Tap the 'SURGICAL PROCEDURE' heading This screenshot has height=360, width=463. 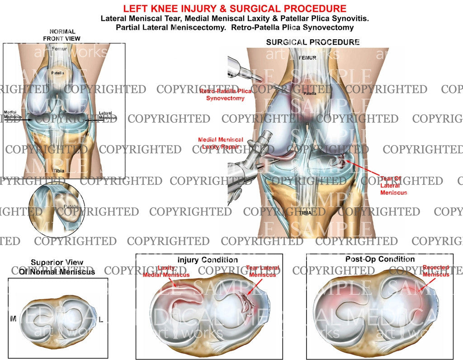(312, 42)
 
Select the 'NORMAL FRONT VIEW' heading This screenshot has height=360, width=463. (62, 35)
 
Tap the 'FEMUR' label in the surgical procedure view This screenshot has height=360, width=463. (307, 58)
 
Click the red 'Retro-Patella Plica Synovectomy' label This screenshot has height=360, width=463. (225, 94)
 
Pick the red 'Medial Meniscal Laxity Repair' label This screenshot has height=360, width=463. (221, 143)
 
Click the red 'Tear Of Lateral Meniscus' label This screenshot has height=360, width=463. (393, 185)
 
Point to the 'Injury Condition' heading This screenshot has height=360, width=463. (208, 260)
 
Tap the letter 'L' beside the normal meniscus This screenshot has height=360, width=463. (101, 320)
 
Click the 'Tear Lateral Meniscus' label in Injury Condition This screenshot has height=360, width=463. (262, 271)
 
